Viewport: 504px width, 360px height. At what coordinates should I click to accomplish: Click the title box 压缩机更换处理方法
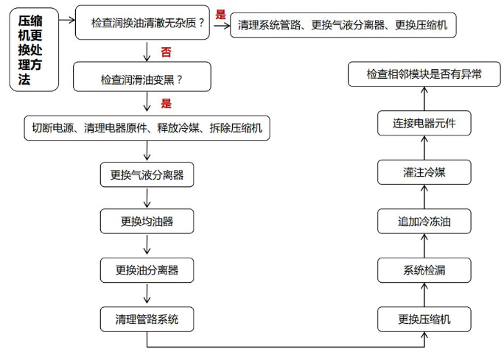coord(34,50)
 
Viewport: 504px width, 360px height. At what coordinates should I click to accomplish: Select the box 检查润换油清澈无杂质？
coord(142,23)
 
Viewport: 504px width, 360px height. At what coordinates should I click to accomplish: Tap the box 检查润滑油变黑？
coord(142,77)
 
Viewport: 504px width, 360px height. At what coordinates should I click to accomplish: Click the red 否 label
coord(167,52)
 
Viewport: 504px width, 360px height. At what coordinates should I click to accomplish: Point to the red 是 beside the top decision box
coord(220,14)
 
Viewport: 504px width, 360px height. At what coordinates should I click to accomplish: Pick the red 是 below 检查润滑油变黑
coord(167,103)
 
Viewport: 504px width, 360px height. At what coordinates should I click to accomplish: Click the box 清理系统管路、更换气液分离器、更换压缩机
coord(343,25)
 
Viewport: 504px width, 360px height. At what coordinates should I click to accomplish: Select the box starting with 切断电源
coord(147,128)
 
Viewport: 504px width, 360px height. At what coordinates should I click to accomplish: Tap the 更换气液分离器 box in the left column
coord(147,174)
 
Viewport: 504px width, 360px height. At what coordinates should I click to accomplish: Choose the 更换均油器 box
coord(147,222)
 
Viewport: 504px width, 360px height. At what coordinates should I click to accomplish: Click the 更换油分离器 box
coord(147,270)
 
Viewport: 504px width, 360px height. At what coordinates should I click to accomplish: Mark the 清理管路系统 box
coord(147,320)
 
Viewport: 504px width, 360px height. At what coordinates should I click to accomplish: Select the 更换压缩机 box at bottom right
coord(424,320)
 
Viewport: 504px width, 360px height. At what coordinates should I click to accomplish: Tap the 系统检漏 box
coord(424,270)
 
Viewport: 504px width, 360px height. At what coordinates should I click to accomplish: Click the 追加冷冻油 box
coord(424,222)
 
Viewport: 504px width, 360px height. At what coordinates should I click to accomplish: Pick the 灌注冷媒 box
coord(424,172)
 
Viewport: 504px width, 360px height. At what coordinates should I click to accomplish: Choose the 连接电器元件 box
coord(424,123)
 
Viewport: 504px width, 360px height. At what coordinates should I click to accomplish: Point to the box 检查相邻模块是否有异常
coord(424,74)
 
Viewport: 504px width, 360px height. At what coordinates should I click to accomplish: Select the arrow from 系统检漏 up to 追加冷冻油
coord(424,246)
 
